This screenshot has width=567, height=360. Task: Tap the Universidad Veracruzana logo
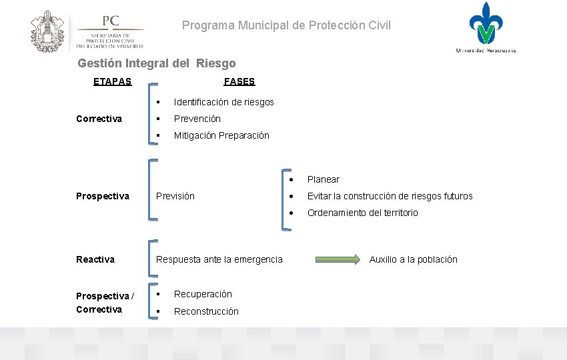(486, 27)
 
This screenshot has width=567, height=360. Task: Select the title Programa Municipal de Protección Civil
(287, 25)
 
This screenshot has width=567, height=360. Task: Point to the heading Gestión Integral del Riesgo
(157, 64)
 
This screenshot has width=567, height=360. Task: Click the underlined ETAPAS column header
(112, 81)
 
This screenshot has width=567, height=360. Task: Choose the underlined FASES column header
(239, 81)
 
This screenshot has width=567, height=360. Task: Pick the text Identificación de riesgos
(223, 102)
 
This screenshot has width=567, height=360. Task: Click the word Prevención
(197, 119)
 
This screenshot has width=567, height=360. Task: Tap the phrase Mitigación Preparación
(221, 135)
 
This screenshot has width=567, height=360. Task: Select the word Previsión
(175, 196)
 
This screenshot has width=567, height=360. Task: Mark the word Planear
(323, 179)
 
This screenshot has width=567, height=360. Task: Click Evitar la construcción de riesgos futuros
(390, 196)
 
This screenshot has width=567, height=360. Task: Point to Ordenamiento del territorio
(362, 213)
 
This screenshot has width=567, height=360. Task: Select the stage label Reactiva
(95, 259)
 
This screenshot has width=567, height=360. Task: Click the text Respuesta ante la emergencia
(219, 259)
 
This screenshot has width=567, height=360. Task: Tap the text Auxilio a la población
(413, 259)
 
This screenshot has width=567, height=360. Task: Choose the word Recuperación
(203, 294)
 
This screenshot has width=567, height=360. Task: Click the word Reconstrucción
(206, 311)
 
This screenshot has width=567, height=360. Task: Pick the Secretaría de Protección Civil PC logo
(110, 31)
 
